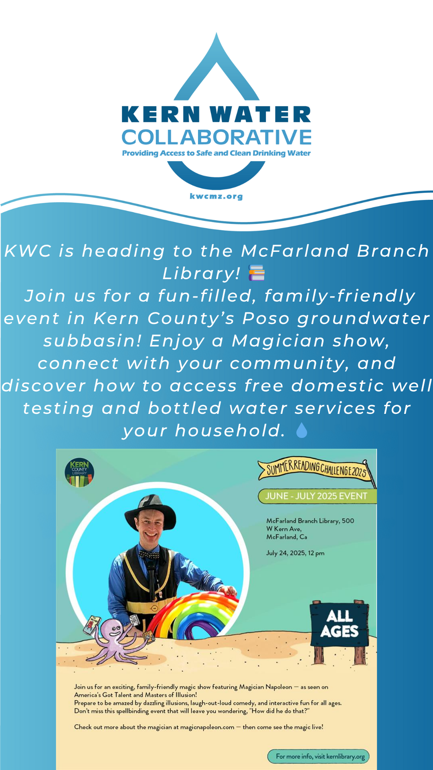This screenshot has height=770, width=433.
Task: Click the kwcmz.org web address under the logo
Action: (216, 197)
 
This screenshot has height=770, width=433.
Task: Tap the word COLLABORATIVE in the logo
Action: (216, 138)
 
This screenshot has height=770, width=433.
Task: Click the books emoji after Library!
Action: (257, 273)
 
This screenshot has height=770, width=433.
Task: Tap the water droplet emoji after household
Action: (301, 430)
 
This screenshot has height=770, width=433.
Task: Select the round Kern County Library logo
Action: (79, 472)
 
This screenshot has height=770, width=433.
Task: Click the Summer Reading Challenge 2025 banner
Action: (317, 469)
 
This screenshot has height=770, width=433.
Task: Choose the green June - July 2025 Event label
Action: (317, 496)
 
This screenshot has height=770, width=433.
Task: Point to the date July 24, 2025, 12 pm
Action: (295, 553)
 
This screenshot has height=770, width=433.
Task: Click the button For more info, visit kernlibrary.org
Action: (318, 756)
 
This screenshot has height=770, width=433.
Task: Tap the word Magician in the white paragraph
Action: (278, 341)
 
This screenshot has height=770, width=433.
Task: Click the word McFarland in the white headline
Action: (295, 251)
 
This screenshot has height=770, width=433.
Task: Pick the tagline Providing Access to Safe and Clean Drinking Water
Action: (216, 153)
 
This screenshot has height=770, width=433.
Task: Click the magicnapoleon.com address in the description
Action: (207, 727)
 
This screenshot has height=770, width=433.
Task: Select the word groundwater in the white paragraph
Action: (364, 318)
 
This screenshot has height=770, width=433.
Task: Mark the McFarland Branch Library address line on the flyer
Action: (310, 529)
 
